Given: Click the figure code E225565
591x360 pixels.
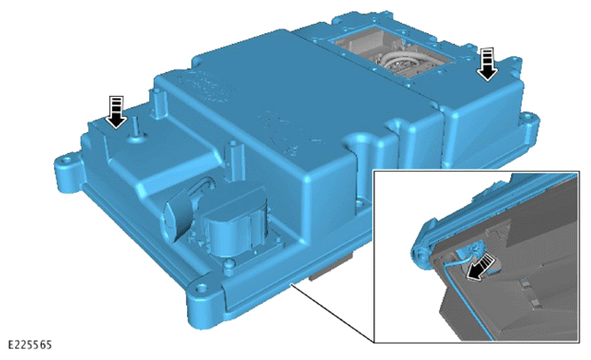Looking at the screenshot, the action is (x=29, y=345).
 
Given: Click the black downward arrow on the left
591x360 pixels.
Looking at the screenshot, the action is (x=116, y=112).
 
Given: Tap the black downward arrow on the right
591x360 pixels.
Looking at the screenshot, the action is (x=487, y=64).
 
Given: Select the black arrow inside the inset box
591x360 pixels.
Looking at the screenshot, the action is (x=480, y=267).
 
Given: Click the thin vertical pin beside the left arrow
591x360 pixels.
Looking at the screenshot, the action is (x=135, y=127).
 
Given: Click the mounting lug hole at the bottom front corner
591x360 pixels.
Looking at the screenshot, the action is (x=202, y=289).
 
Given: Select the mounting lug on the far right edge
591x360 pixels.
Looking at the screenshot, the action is (x=531, y=124).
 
